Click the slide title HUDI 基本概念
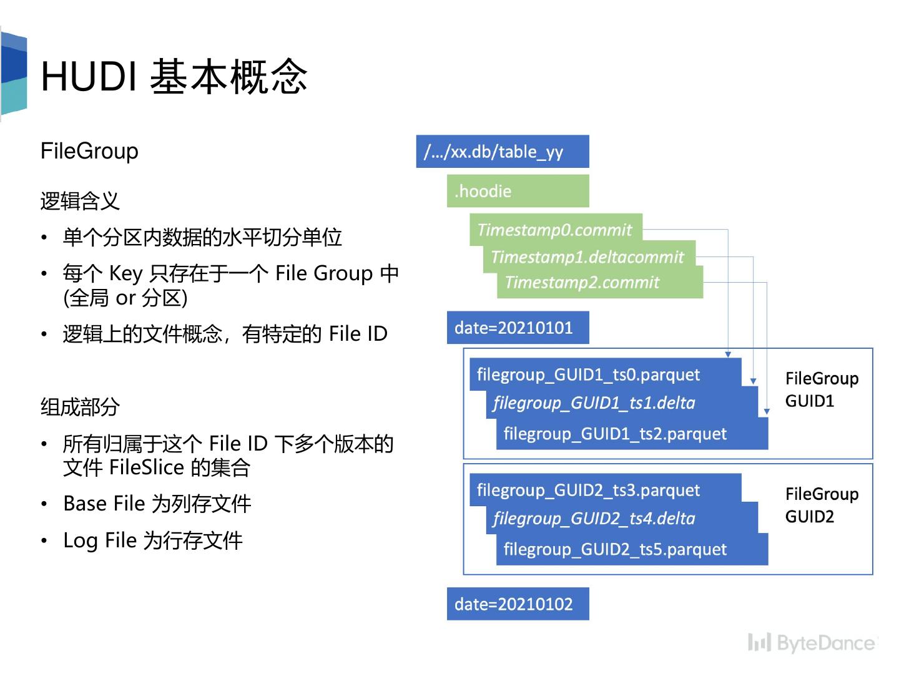[174, 77]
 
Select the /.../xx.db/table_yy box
[502, 152]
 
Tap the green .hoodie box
[518, 191]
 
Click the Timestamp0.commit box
[555, 229]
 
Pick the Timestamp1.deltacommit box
[587, 256]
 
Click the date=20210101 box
[518, 328]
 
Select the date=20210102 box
[518, 603]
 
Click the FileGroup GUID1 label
[821, 389]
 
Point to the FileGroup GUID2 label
[821, 505]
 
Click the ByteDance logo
[812, 642]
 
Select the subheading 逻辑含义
[80, 201]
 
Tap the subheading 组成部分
[80, 407]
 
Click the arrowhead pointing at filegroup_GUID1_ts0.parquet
[728, 354]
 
